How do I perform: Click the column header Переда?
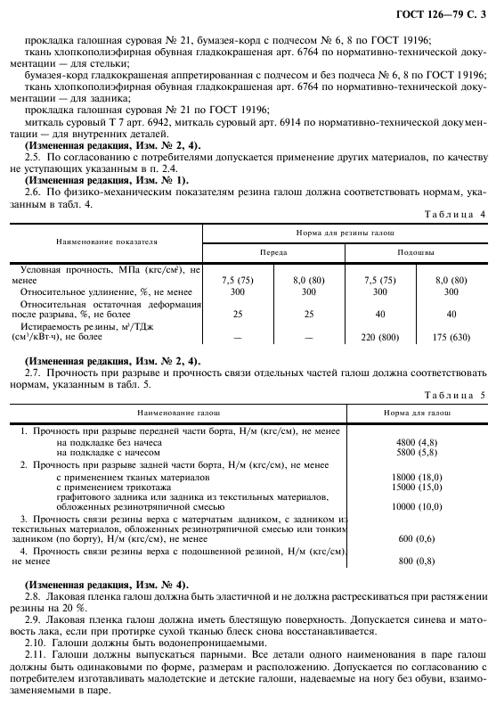point(273,253)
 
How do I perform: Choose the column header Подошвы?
point(416,253)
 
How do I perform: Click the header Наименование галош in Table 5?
point(176,414)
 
